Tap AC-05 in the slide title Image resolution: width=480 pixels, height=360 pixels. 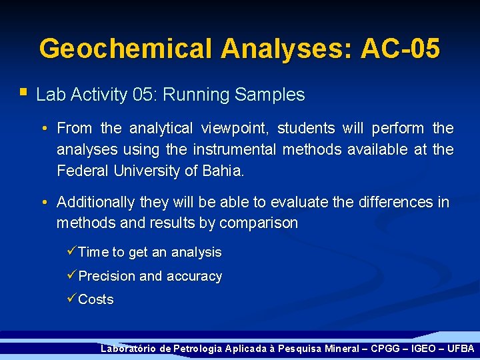click(400, 49)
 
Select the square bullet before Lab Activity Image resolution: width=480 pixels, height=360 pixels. click(24, 91)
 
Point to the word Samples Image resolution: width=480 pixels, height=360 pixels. click(270, 95)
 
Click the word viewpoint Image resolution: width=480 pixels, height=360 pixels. click(235, 128)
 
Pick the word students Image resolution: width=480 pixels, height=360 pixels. click(306, 128)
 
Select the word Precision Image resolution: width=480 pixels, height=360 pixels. click(107, 276)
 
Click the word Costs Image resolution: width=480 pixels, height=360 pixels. click(96, 300)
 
